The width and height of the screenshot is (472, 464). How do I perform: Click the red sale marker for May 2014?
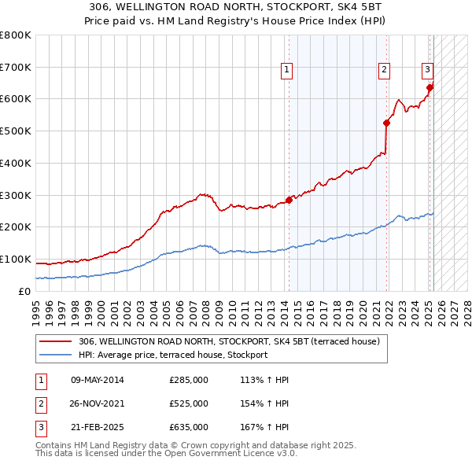[289, 200]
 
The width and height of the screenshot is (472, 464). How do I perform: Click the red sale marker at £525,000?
[386, 123]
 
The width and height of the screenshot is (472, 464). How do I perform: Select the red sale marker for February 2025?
[430, 87]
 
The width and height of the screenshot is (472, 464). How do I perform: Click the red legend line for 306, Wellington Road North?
[54, 342]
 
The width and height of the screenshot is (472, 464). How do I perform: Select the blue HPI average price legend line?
[54, 355]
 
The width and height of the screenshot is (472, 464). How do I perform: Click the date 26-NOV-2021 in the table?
[98, 403]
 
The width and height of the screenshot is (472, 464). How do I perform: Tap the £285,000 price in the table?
[189, 380]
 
